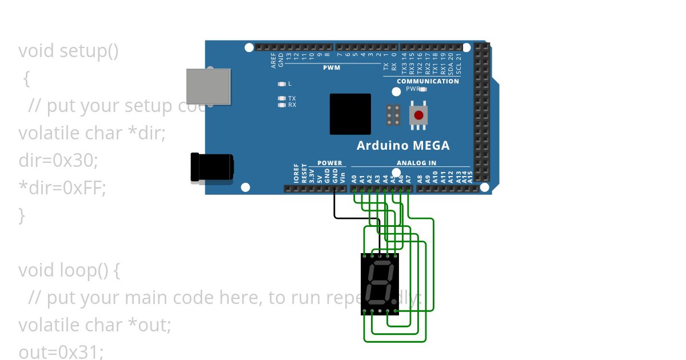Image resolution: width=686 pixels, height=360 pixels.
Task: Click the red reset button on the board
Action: pos(418,115)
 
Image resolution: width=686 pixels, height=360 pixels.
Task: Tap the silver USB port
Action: pos(209,86)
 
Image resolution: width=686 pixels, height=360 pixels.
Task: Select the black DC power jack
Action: pos(212,167)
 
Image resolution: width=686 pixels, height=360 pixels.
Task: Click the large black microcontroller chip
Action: pos(350,114)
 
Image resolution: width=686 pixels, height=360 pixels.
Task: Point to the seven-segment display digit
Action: pos(380,284)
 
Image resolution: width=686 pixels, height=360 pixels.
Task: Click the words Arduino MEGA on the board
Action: pos(403,146)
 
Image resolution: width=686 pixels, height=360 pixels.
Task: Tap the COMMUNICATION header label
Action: pos(428,81)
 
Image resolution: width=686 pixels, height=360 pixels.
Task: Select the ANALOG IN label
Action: pos(416,163)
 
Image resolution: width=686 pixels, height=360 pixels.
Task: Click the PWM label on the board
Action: pos(332,67)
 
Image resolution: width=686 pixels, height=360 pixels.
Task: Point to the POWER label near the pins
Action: pos(329,163)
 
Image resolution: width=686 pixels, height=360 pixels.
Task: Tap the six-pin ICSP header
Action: pos(393,115)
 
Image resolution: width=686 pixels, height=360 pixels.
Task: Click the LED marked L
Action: pos(281,84)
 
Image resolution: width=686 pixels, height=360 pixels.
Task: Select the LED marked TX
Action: pos(281,98)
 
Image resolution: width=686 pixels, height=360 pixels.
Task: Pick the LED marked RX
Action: pos(281,105)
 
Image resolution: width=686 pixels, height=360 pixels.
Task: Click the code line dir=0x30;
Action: pos(58,161)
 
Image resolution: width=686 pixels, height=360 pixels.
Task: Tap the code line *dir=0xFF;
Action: pos(62,187)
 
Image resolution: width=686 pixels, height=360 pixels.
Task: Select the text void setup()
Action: pos(69,51)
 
